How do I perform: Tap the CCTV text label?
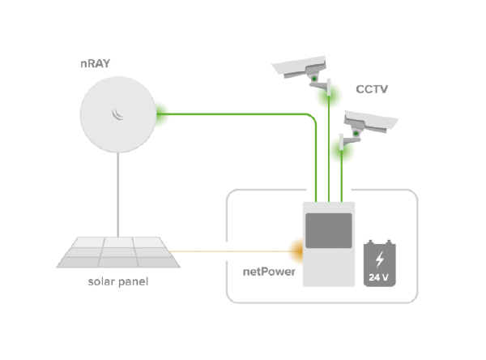click(372, 89)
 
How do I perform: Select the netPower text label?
click(269, 272)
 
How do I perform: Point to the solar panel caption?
click(118, 283)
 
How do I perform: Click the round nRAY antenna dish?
click(118, 113)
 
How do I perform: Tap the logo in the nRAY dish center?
click(118, 113)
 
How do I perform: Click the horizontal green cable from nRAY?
click(235, 114)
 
